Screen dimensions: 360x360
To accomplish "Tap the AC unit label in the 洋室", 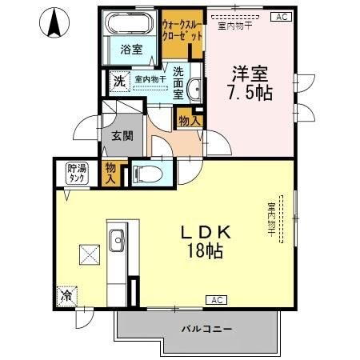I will (x=281, y=16).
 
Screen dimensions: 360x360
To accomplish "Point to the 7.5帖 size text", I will (x=248, y=93).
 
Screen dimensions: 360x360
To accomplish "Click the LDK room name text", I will (x=205, y=232).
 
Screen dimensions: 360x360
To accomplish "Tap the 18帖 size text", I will (x=206, y=251).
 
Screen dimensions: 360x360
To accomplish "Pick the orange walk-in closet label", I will (x=182, y=30).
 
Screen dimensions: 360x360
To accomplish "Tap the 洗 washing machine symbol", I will (x=118, y=81).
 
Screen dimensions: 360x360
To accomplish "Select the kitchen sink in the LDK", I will (x=117, y=239).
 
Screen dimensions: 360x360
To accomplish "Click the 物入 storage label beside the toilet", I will (x=111, y=172).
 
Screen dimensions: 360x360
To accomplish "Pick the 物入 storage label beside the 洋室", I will (x=189, y=121).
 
